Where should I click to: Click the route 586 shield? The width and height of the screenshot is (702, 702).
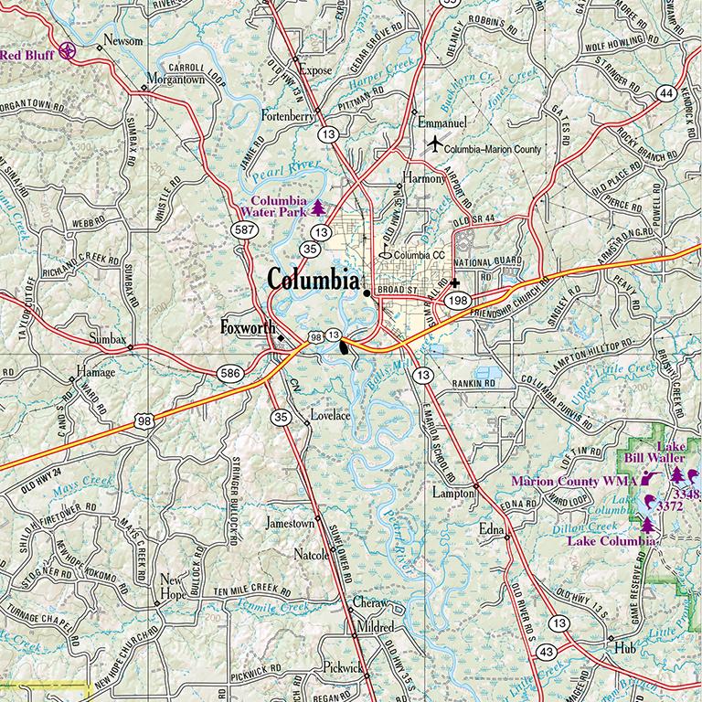point(229,372)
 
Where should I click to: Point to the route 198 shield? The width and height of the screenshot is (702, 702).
point(458,300)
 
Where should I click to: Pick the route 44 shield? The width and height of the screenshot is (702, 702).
point(667,93)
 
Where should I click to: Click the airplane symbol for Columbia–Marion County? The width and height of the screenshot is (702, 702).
point(434,144)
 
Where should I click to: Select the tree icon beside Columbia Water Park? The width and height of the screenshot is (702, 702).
point(317,207)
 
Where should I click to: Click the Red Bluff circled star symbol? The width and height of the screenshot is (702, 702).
point(67,53)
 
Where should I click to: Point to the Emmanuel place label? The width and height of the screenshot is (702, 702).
point(441,122)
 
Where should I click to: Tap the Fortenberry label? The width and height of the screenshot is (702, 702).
point(288,117)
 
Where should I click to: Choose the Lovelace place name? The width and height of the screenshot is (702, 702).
point(331,414)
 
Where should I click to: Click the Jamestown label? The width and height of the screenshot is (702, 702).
point(289,525)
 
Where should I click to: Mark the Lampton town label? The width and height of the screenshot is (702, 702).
point(452,493)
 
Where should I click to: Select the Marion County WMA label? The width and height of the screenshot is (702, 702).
point(574,480)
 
